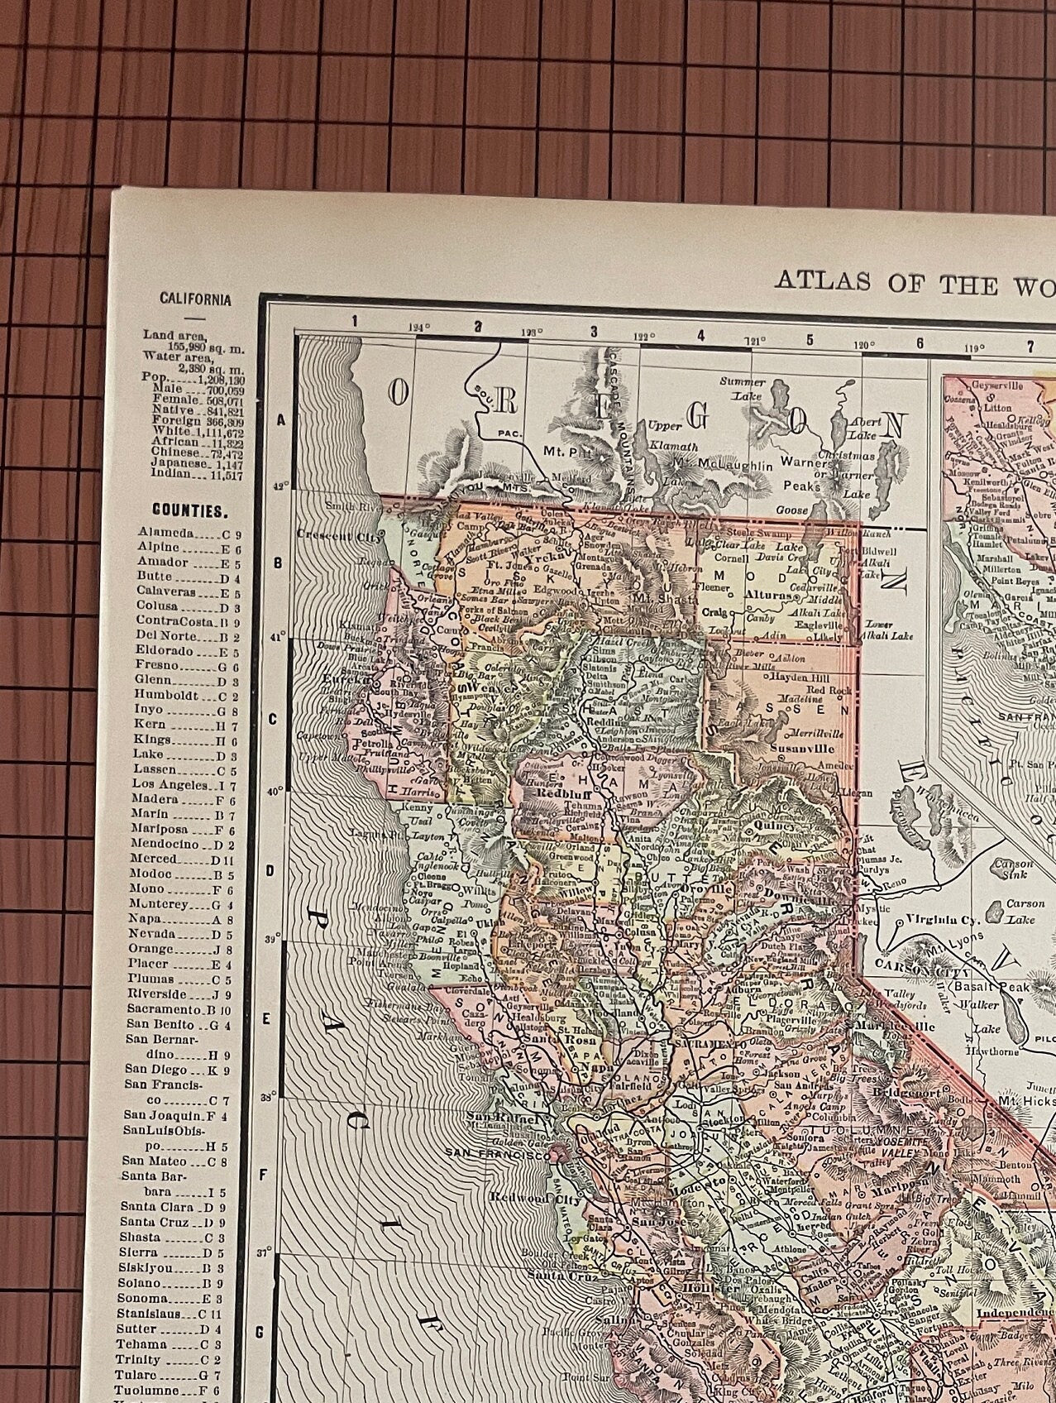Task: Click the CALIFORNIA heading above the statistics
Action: click(x=195, y=299)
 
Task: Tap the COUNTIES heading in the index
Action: click(x=189, y=512)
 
